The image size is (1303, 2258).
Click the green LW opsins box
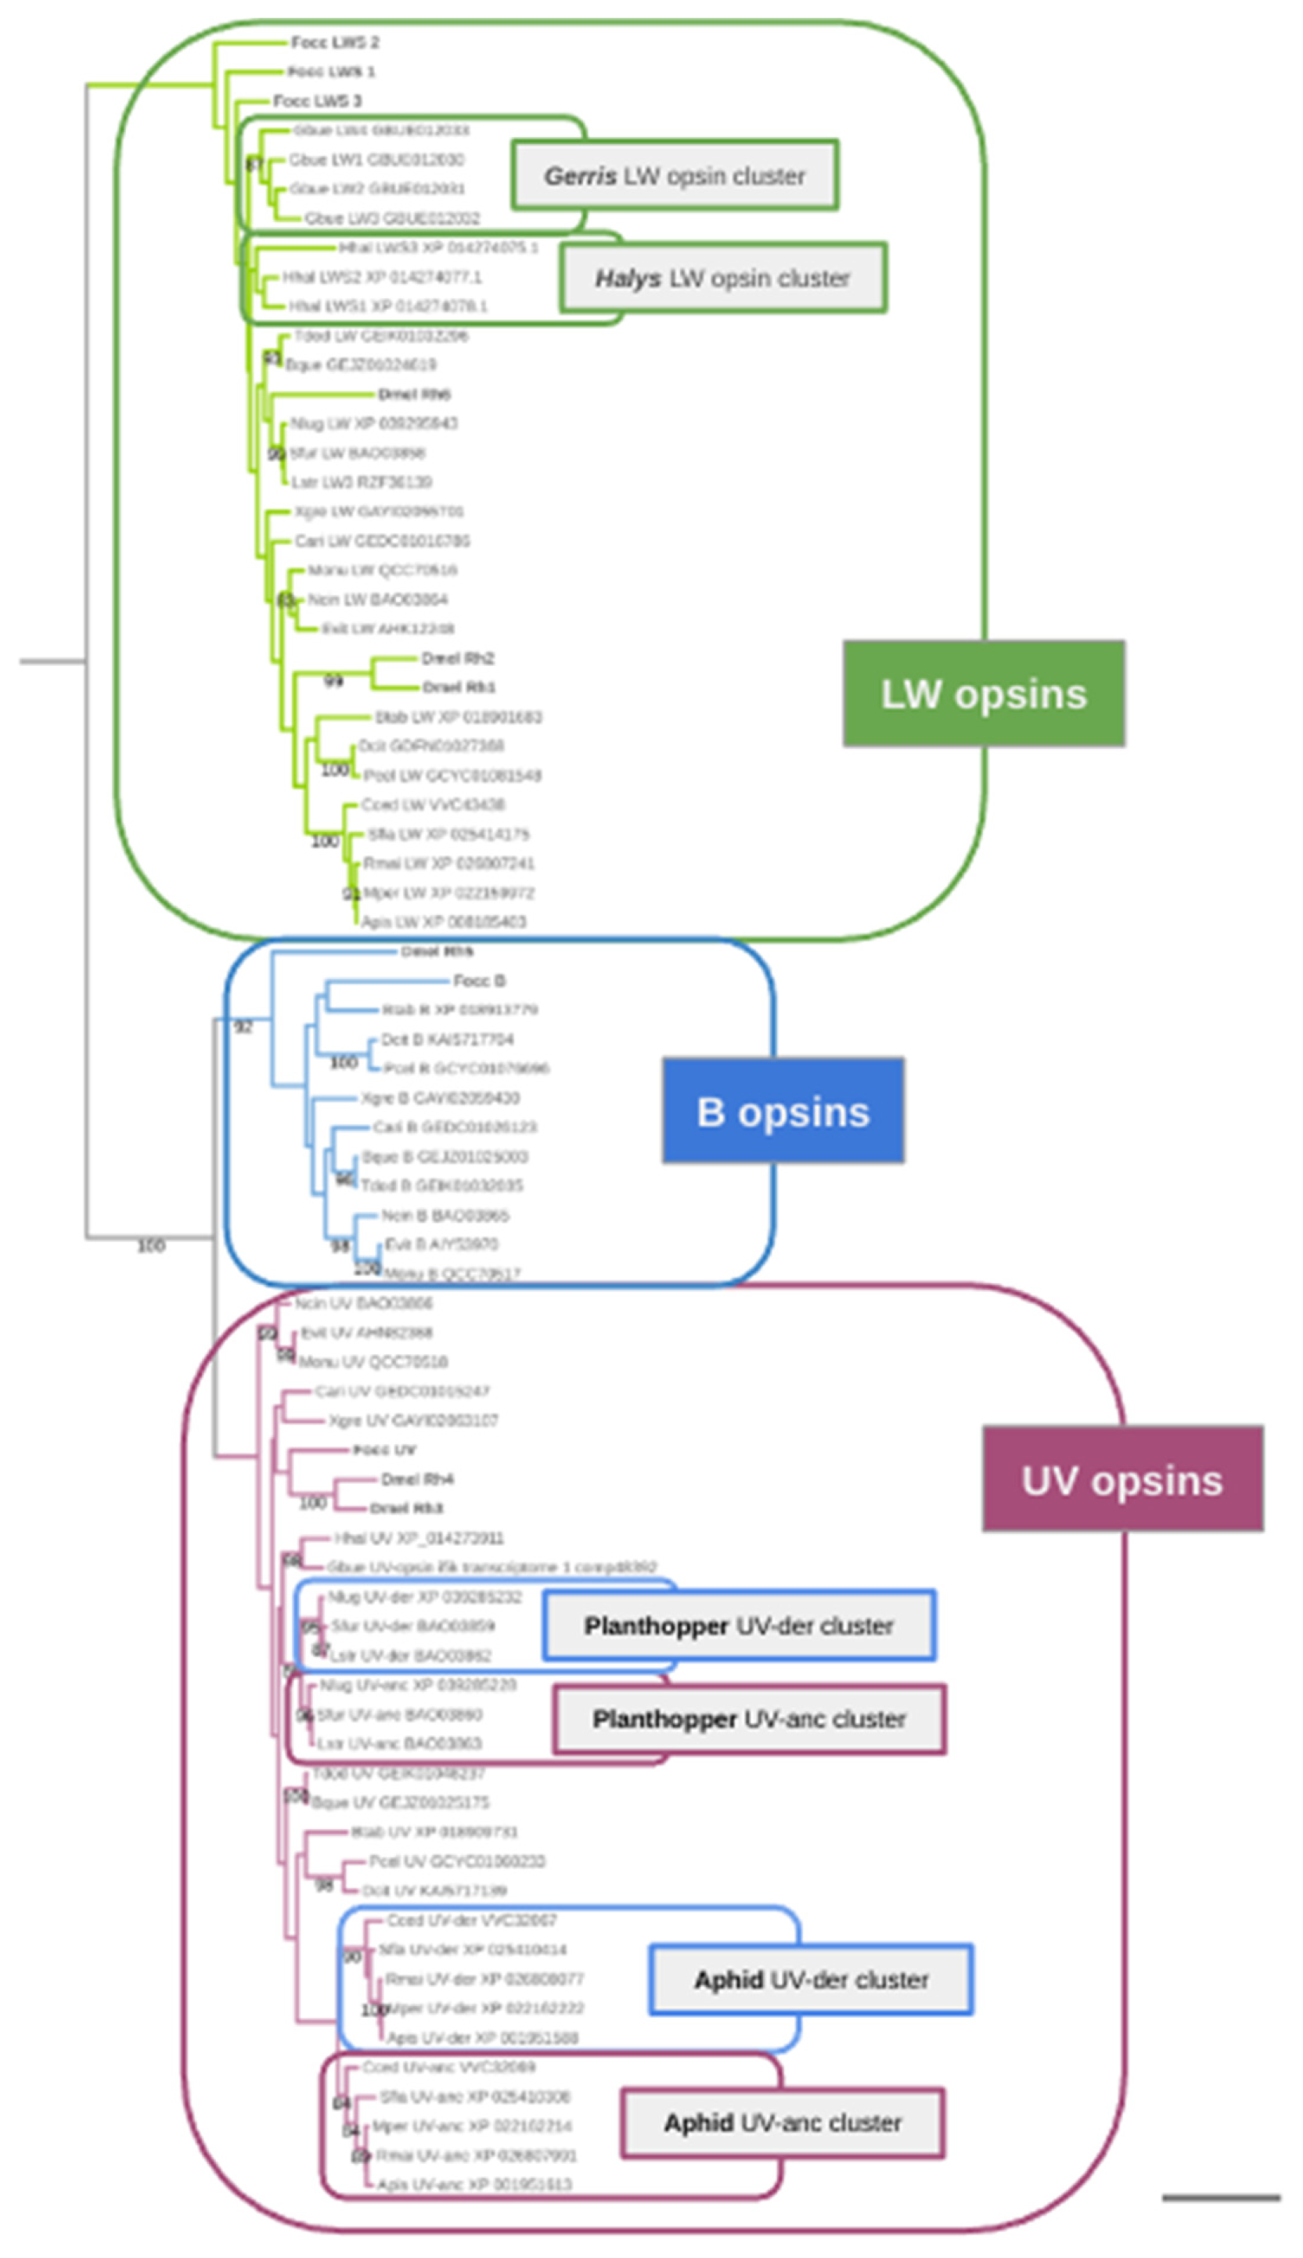coord(983,693)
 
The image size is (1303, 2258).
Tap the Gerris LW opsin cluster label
coord(675,175)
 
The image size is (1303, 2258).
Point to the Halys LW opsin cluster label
coord(722,279)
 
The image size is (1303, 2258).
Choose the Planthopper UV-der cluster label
coord(738,1626)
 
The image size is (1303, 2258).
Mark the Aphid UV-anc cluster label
coord(782,2122)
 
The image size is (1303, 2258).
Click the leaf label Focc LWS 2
coord(335,42)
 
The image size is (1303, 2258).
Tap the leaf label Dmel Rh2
coord(457,657)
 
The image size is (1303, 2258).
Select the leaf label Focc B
coord(479,981)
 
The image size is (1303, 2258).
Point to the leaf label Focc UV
coord(384,1449)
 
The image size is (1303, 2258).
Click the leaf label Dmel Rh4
coord(417,1478)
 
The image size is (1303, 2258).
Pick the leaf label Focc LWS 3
coord(317,100)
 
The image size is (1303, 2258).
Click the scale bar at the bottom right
coord(1221,2196)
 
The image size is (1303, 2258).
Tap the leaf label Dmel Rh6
coord(413,394)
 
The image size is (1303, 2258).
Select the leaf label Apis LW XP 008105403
coord(443,921)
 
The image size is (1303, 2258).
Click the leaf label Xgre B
coord(439,1097)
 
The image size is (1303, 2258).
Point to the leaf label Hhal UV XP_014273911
coord(419,1537)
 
